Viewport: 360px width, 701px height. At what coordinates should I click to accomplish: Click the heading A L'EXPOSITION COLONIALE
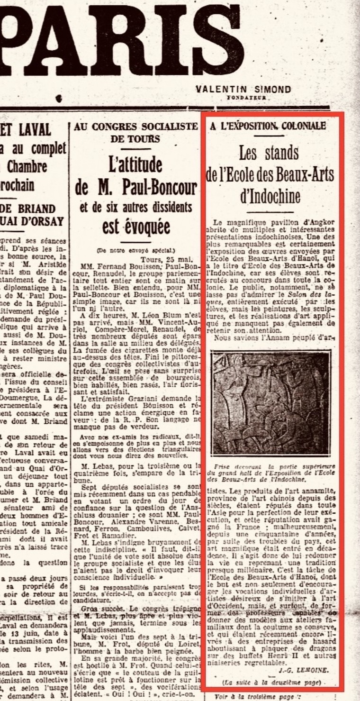point(268,126)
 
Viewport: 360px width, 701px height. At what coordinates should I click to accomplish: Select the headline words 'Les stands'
point(269,153)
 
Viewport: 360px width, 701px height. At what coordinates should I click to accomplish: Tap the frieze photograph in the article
point(270,403)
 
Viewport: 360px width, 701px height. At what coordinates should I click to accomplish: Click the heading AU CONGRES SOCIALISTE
point(135,126)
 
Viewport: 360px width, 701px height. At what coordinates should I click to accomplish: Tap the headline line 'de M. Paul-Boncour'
point(135,188)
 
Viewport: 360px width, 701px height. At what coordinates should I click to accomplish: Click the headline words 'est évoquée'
point(135,227)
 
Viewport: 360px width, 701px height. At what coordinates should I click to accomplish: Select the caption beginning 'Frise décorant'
point(270,472)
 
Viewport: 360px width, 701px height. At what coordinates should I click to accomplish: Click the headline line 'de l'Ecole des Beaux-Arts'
point(270,174)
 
